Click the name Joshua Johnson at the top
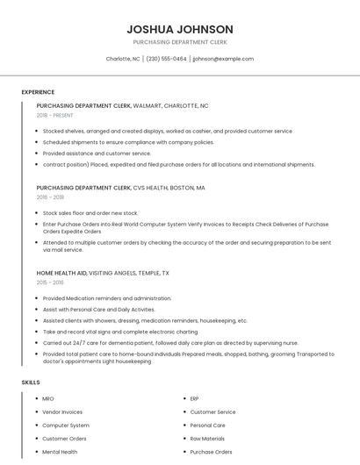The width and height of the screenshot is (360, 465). point(179,29)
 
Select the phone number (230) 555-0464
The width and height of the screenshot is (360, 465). point(166,59)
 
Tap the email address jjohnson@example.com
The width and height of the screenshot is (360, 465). point(223,59)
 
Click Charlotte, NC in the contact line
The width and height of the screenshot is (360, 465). point(123,59)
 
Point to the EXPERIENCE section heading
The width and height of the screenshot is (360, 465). point(38,92)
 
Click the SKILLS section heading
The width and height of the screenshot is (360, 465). point(30,383)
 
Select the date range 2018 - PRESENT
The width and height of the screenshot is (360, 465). point(55,115)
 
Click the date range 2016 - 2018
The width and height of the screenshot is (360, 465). point(51,197)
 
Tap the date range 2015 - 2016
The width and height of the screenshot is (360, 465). point(50,283)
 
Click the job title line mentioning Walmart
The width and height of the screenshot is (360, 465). point(122,105)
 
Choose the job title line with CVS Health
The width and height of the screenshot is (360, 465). point(120,188)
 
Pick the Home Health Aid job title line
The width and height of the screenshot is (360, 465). point(103,273)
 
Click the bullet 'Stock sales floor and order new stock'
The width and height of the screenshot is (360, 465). point(90,212)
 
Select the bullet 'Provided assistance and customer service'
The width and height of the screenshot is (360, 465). point(97,153)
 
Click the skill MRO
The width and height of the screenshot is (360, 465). point(48,398)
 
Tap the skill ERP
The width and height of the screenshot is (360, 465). point(195,398)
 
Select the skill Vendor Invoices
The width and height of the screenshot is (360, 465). point(62,411)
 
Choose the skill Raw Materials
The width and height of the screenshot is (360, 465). point(207,438)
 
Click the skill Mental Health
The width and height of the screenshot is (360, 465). point(60,452)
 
